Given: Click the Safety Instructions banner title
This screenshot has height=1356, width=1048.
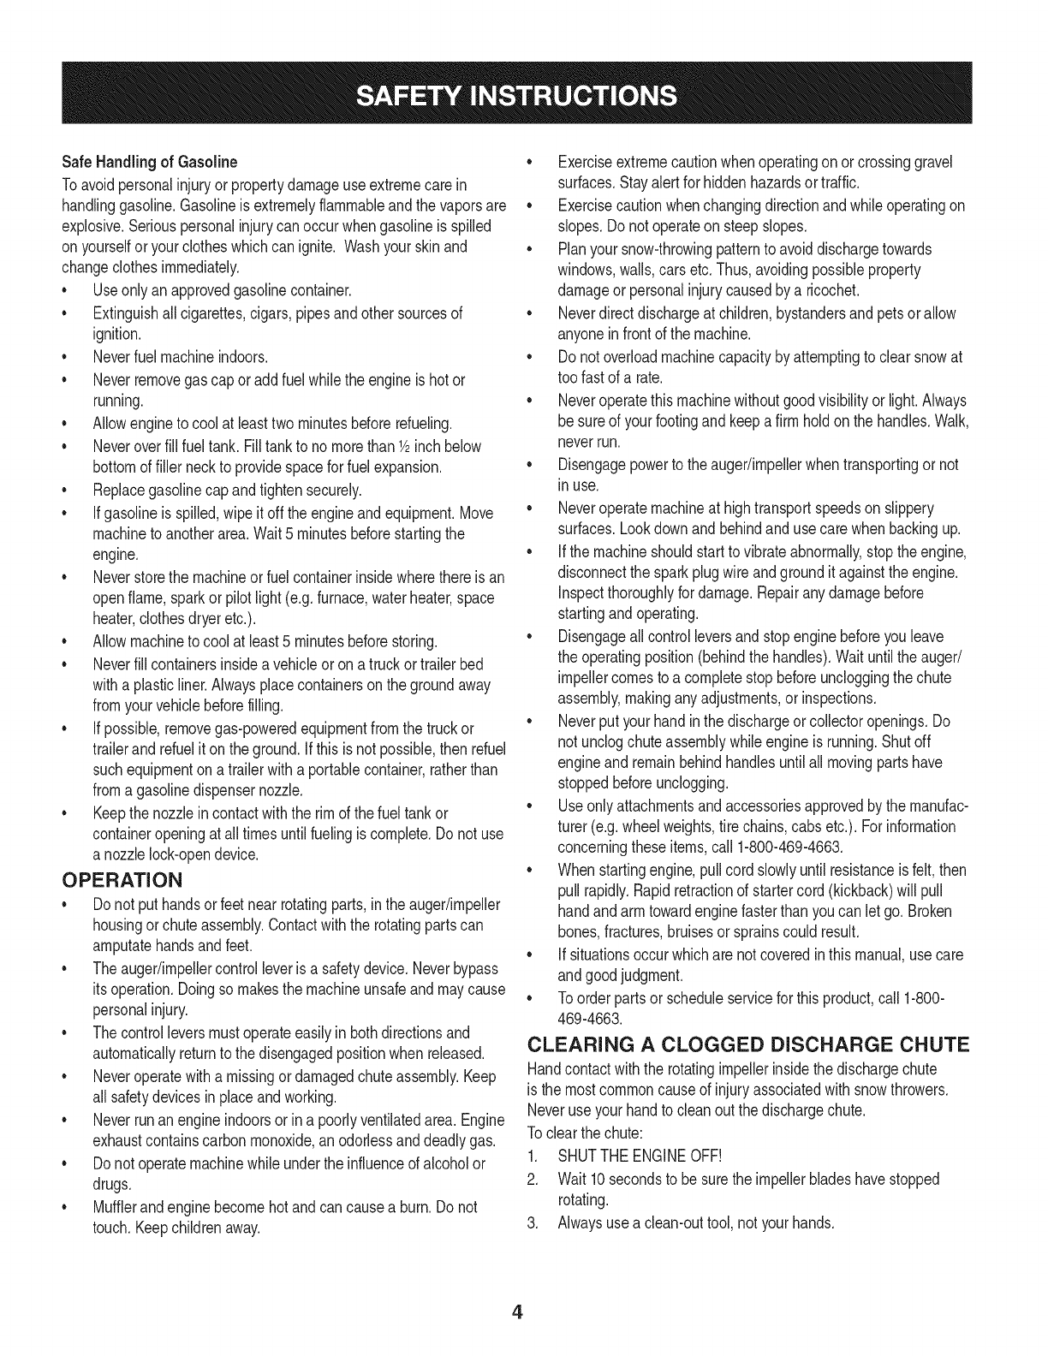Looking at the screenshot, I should (523, 93).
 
